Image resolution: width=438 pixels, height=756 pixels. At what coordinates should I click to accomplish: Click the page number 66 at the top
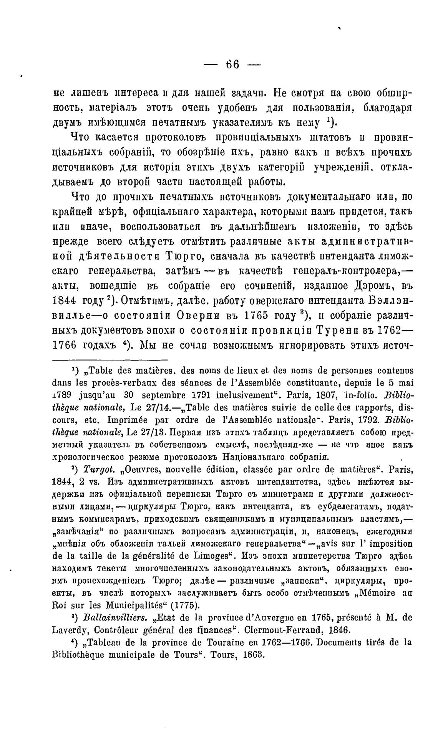point(232,65)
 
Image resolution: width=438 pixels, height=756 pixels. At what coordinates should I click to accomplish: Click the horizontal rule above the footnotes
point(110,359)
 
